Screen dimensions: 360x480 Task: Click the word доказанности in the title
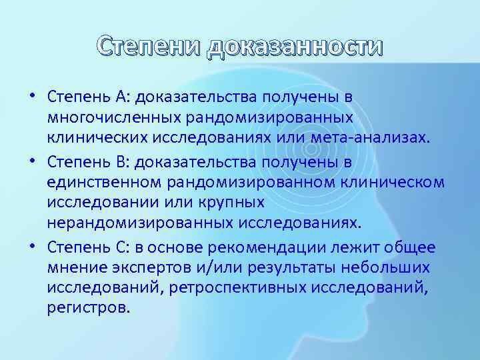coord(295,48)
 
